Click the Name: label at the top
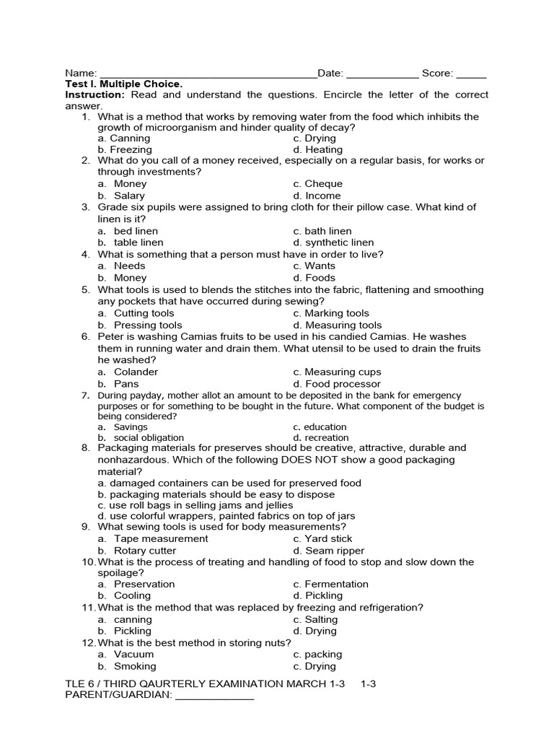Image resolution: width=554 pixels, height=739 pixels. click(x=81, y=73)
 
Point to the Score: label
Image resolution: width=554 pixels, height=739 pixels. click(x=438, y=73)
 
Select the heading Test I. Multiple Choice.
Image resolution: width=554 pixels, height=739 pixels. click(x=124, y=84)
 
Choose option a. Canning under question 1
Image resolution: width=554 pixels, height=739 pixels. click(x=124, y=138)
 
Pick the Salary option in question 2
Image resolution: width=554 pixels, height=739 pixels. click(x=129, y=196)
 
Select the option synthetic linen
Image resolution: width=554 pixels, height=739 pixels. click(x=339, y=242)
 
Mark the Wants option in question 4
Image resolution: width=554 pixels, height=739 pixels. click(x=320, y=266)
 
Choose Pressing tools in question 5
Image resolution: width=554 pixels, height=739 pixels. click(x=148, y=325)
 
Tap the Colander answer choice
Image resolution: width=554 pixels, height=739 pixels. click(x=136, y=372)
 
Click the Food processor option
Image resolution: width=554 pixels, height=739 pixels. click(x=343, y=384)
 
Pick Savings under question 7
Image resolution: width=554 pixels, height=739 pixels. click(x=131, y=427)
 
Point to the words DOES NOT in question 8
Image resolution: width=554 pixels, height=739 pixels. click(x=307, y=459)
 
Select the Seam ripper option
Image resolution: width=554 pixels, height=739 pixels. click(x=335, y=551)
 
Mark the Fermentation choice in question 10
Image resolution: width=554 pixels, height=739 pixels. click(x=336, y=584)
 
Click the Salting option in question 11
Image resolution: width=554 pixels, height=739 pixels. click(x=321, y=619)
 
